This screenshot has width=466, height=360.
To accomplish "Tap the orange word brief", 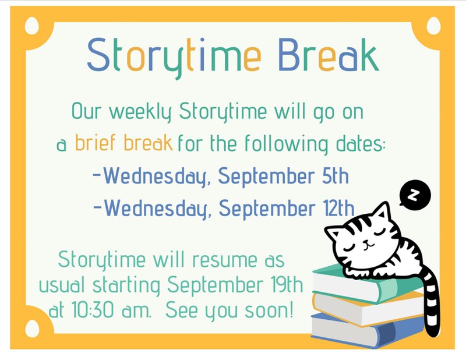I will click(x=95, y=143).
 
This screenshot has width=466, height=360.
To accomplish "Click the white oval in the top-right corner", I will click(x=433, y=26).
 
